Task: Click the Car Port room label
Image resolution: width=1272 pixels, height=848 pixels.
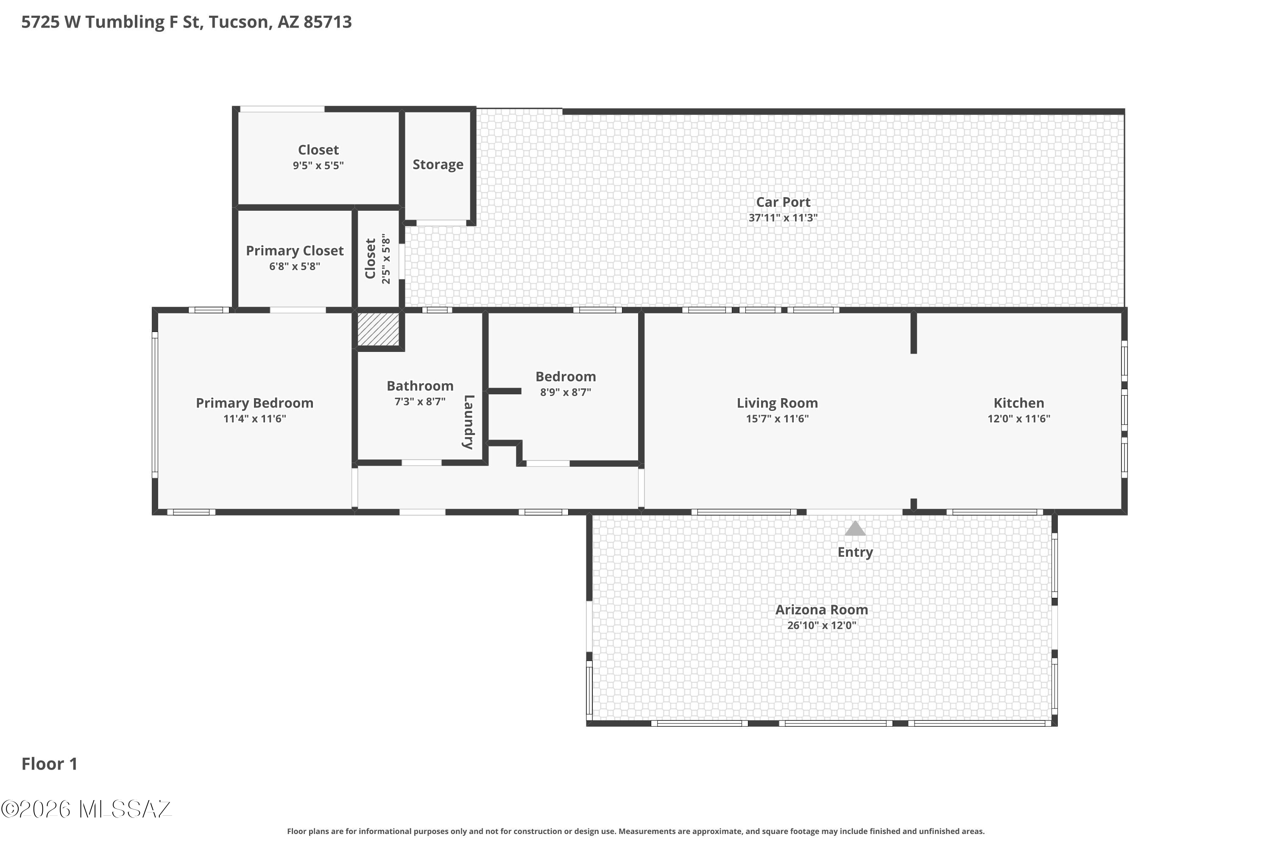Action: tap(783, 202)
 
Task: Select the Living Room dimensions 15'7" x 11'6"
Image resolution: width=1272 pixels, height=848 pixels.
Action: tap(777, 418)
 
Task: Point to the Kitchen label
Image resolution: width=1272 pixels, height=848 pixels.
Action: tap(1018, 403)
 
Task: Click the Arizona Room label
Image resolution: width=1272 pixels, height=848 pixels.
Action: tap(822, 610)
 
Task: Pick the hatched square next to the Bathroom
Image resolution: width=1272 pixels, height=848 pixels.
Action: tap(379, 328)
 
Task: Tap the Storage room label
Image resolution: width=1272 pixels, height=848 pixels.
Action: tap(438, 165)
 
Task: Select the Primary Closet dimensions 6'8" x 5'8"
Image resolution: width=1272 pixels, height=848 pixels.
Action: tap(295, 266)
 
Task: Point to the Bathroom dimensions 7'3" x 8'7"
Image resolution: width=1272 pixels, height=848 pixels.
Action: tap(420, 401)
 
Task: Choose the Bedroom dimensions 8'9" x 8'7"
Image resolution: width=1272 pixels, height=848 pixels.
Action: tap(566, 392)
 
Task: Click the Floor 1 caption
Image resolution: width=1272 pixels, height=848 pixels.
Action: tap(49, 764)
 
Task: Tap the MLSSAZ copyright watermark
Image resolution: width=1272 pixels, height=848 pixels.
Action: tap(86, 809)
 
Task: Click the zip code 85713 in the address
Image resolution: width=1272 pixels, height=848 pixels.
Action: tap(328, 22)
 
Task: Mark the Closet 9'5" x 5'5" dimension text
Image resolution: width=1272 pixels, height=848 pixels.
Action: tap(318, 165)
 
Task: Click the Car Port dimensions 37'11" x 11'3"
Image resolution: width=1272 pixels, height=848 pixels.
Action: tap(783, 218)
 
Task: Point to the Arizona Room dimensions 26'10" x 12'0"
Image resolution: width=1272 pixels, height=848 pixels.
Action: tap(822, 625)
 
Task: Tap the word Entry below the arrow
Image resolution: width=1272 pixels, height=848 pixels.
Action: tap(855, 552)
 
